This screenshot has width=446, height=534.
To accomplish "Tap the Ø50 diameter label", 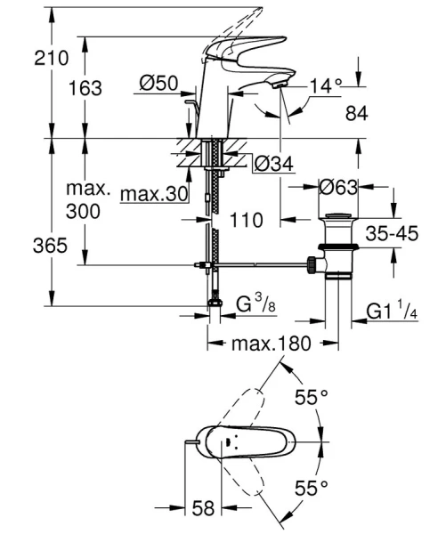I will coord(159,84).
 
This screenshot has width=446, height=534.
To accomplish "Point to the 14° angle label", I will coord(326,85).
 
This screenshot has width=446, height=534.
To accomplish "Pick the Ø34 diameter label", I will coord(272,165).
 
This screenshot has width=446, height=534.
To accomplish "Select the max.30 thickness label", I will coord(148,195).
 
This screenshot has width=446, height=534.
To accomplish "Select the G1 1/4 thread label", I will coord(392,311).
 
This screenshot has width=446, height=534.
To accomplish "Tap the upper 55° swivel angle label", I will coord(312,397).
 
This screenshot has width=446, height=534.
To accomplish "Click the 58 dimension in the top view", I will coord(205,508).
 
